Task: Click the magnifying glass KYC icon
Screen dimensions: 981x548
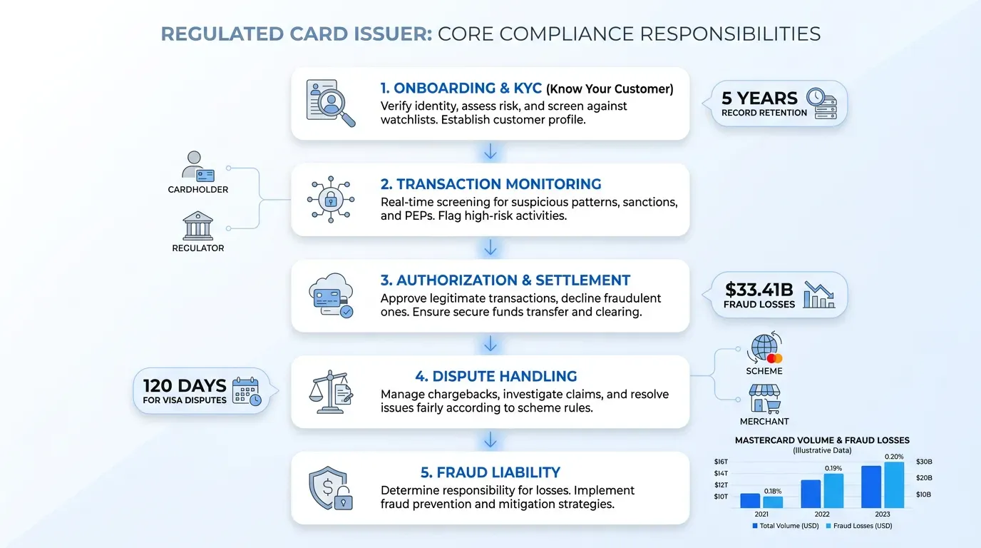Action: [x=331, y=103]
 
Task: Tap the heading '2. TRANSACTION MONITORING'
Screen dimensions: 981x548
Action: [x=490, y=184]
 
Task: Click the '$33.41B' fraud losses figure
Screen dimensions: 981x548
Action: [x=759, y=290]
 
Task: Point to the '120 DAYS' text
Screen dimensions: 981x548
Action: [x=185, y=386]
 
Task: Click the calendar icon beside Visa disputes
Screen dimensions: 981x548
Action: [x=247, y=390]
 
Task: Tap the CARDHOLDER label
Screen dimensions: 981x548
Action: [x=198, y=190]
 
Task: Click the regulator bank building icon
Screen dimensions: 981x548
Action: [x=198, y=225]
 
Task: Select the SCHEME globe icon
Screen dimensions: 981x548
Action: [x=765, y=348]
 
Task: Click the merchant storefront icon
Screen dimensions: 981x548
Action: [x=765, y=398]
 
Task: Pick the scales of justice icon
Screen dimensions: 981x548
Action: [x=331, y=392]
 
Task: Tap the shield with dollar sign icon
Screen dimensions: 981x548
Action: [x=331, y=488]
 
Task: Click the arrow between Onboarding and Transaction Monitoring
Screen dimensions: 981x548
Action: [x=490, y=152]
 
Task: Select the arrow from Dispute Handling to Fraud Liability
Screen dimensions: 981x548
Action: [x=490, y=440]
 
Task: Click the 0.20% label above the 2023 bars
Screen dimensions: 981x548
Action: [x=894, y=457]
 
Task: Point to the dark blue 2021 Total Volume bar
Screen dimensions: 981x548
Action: [x=750, y=501]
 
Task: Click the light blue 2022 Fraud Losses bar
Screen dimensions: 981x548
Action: [x=833, y=491]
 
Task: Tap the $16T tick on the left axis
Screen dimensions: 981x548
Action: [x=721, y=462]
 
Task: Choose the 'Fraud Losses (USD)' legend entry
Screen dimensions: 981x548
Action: [x=859, y=526]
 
